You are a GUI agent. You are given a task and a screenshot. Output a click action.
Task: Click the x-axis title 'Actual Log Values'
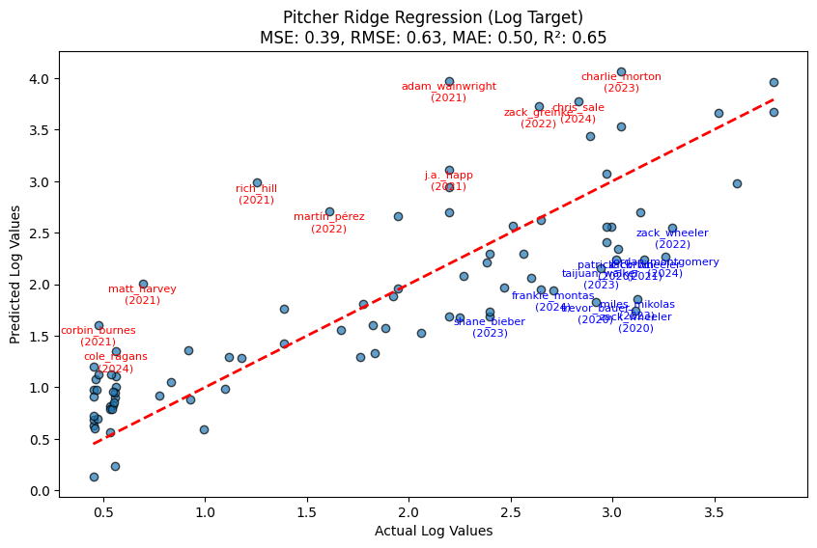[x=433, y=531]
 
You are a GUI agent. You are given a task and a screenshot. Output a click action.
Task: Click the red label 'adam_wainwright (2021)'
[x=449, y=92]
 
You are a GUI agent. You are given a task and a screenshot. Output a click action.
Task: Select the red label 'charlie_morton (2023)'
[x=621, y=82]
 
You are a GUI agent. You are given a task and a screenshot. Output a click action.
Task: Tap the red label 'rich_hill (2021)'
[x=257, y=194]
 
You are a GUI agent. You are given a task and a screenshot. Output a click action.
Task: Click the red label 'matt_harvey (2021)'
[x=143, y=294]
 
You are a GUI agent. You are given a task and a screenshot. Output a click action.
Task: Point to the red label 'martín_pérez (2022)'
[x=329, y=223]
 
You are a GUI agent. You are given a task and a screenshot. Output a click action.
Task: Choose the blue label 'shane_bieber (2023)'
[x=490, y=327]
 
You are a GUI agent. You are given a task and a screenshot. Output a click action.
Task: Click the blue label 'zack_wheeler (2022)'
[x=672, y=238]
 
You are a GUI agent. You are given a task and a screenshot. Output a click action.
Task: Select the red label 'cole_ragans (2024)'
[x=115, y=362]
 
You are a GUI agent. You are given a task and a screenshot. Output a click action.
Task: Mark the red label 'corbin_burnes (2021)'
[x=99, y=336]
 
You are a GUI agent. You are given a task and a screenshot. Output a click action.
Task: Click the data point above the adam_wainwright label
[x=449, y=81]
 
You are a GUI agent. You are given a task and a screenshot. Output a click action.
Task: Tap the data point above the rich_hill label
[x=257, y=182]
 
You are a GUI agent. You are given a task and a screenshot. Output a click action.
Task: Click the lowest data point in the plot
[x=94, y=477]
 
